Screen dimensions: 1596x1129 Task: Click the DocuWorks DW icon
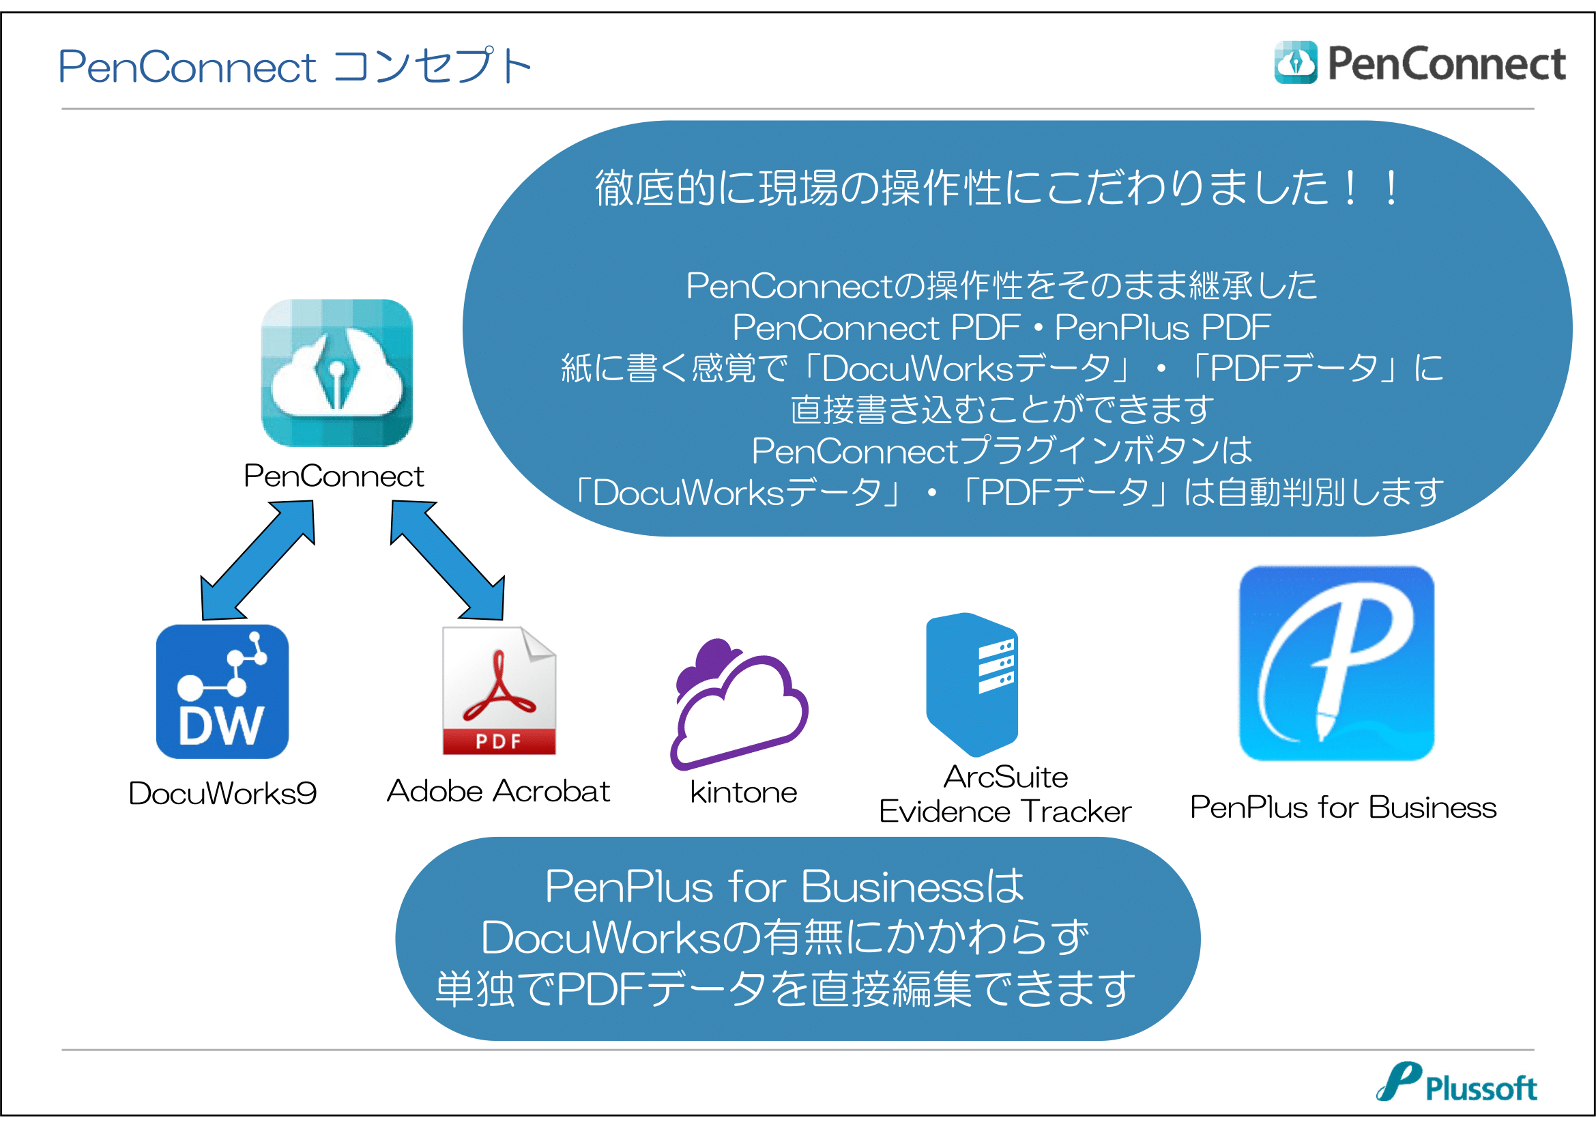(222, 691)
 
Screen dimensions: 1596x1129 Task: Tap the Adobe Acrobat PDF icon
(499, 690)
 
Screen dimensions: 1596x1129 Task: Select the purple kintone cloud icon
(739, 704)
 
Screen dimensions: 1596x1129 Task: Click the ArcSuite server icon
(972, 684)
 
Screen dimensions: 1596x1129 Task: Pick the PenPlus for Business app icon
(1336, 663)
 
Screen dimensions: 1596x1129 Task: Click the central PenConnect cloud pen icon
(336, 373)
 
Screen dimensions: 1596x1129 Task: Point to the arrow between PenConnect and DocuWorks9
(258, 560)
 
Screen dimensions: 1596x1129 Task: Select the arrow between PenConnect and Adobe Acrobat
(448, 560)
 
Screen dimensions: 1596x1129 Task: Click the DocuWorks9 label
(222, 793)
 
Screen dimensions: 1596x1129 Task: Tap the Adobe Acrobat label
(498, 791)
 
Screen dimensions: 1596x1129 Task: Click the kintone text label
(744, 792)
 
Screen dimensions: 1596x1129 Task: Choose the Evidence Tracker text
(1005, 812)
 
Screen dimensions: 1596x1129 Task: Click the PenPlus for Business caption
(1343, 807)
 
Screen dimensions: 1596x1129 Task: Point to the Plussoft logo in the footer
(1456, 1083)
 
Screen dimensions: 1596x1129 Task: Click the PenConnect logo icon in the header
(1296, 63)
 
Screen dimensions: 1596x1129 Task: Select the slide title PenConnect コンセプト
(295, 66)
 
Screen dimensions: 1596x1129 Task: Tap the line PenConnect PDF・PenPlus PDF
(1002, 328)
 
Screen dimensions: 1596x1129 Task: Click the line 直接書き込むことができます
(1002, 410)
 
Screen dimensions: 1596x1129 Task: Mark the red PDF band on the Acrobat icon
(499, 741)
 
